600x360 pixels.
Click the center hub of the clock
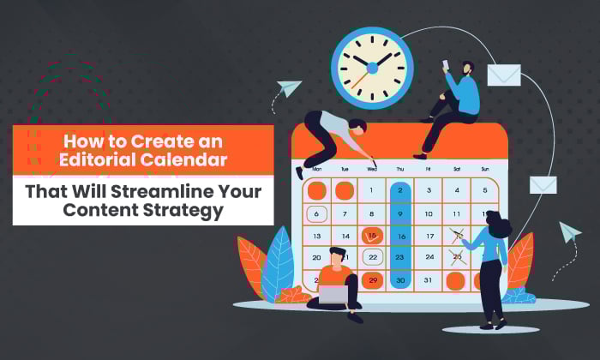[372, 69]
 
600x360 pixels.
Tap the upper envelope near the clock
[504, 75]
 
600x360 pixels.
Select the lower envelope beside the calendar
[543, 185]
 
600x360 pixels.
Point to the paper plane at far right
[570, 231]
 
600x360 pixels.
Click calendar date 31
[429, 280]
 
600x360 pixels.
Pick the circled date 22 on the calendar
[373, 257]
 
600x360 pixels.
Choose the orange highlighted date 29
[373, 281]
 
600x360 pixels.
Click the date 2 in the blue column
[400, 190]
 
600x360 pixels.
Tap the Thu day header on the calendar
[400, 169]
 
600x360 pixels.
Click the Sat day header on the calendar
[457, 169]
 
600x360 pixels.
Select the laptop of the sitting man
[333, 295]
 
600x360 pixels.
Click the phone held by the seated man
[446, 65]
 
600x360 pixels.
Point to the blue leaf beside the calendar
[279, 263]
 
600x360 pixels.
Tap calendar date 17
[429, 236]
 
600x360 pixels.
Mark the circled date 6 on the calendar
[316, 214]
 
